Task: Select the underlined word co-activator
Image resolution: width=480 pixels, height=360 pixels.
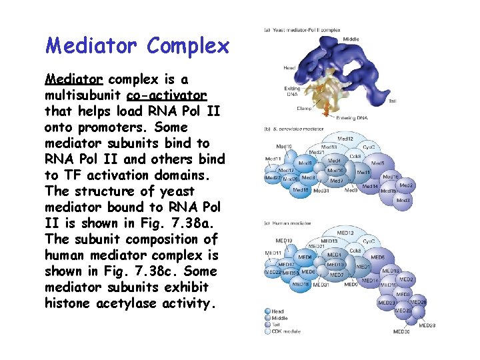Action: pyautogui.click(x=166, y=95)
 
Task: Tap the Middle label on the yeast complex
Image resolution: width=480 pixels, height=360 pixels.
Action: pyautogui.click(x=351, y=39)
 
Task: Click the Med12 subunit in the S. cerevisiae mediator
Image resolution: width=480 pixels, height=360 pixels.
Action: pyautogui.click(x=345, y=139)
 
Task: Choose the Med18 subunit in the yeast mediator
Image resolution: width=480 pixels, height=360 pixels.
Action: pyautogui.click(x=301, y=190)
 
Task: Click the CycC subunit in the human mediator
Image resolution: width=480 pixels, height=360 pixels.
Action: pyautogui.click(x=369, y=241)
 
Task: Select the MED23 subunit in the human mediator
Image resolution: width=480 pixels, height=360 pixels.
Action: pyautogui.click(x=387, y=303)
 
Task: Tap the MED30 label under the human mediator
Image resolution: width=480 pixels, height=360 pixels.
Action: pyautogui.click(x=401, y=331)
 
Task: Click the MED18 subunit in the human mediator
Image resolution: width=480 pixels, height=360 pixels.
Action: pyautogui.click(x=301, y=285)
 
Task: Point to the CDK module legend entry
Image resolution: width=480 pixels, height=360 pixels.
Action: pyautogui.click(x=286, y=331)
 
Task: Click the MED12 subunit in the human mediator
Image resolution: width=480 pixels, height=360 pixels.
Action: pyautogui.click(x=345, y=233)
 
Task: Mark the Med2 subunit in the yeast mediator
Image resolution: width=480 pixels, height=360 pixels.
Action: pyautogui.click(x=407, y=186)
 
